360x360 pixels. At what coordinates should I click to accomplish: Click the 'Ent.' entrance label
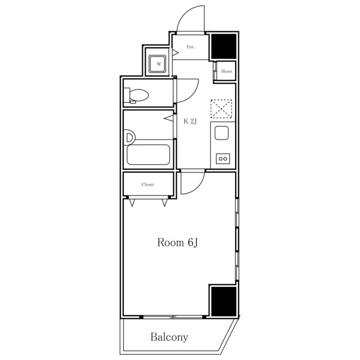191,47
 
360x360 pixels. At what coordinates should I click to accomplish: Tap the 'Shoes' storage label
226,71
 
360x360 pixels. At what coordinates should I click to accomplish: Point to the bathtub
148,155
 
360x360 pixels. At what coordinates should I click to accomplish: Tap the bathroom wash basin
130,138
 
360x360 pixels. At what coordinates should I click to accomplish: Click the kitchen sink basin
222,133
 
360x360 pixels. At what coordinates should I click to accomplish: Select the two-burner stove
223,159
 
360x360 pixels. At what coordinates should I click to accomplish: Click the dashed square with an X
221,109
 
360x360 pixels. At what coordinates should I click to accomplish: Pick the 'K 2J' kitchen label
190,121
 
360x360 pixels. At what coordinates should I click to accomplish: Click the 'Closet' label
147,184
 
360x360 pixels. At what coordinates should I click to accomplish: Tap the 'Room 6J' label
177,242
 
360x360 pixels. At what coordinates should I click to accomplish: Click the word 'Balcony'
169,337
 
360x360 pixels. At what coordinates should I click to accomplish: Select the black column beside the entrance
224,46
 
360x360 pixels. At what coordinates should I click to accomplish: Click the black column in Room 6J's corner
224,301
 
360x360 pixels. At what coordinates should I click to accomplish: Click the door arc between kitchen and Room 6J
199,187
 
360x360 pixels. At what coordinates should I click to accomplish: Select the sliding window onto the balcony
173,317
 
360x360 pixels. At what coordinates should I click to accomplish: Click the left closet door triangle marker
132,203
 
